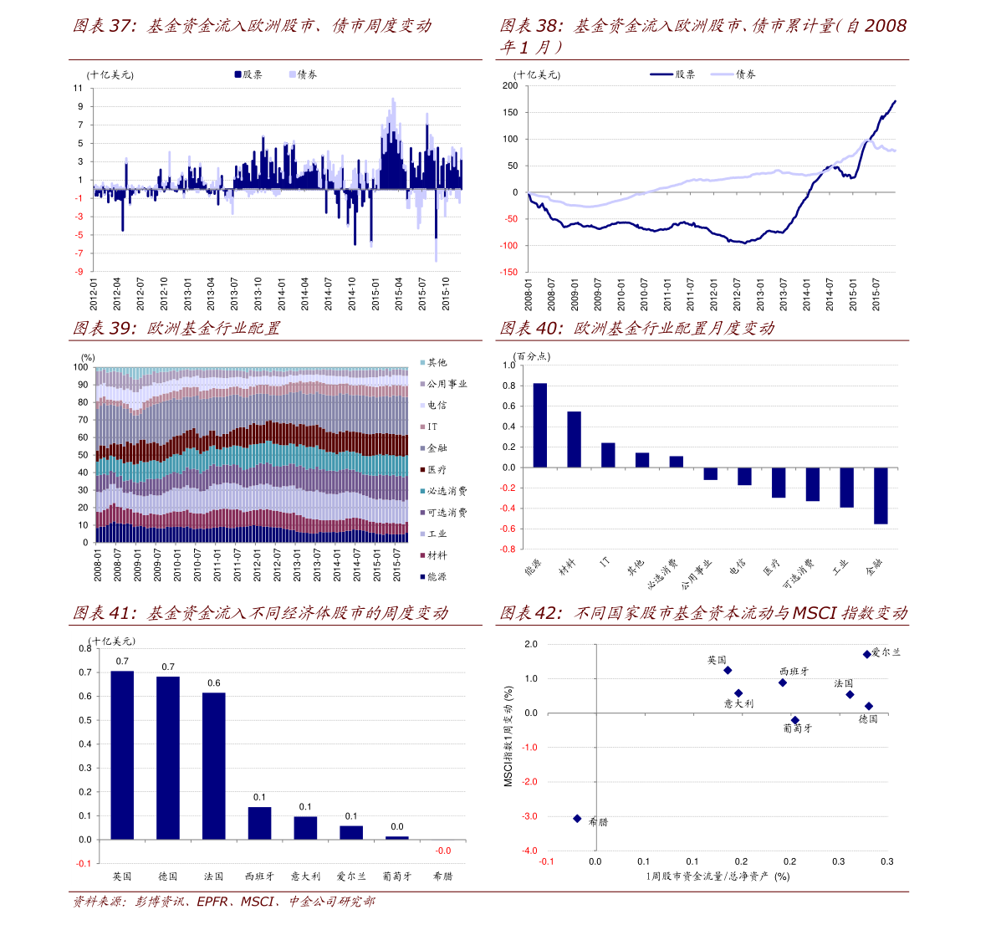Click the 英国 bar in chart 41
[122, 754]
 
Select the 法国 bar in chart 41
[213, 765]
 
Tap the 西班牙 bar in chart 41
[259, 823]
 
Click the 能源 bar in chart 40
[540, 425]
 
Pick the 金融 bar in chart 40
[881, 495]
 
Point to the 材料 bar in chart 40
[574, 440]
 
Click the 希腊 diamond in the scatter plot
[577, 818]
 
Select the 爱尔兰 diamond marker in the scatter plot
[866, 654]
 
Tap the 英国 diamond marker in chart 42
[728, 670]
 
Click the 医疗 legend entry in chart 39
[433, 469]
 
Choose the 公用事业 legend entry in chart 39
[443, 384]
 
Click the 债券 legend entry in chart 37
[303, 74]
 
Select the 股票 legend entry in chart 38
[672, 74]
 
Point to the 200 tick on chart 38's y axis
[510, 86]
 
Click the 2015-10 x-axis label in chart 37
[446, 294]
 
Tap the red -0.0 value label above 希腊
[442, 851]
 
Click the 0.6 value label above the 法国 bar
[214, 683]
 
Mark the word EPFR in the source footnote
[212, 902]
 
